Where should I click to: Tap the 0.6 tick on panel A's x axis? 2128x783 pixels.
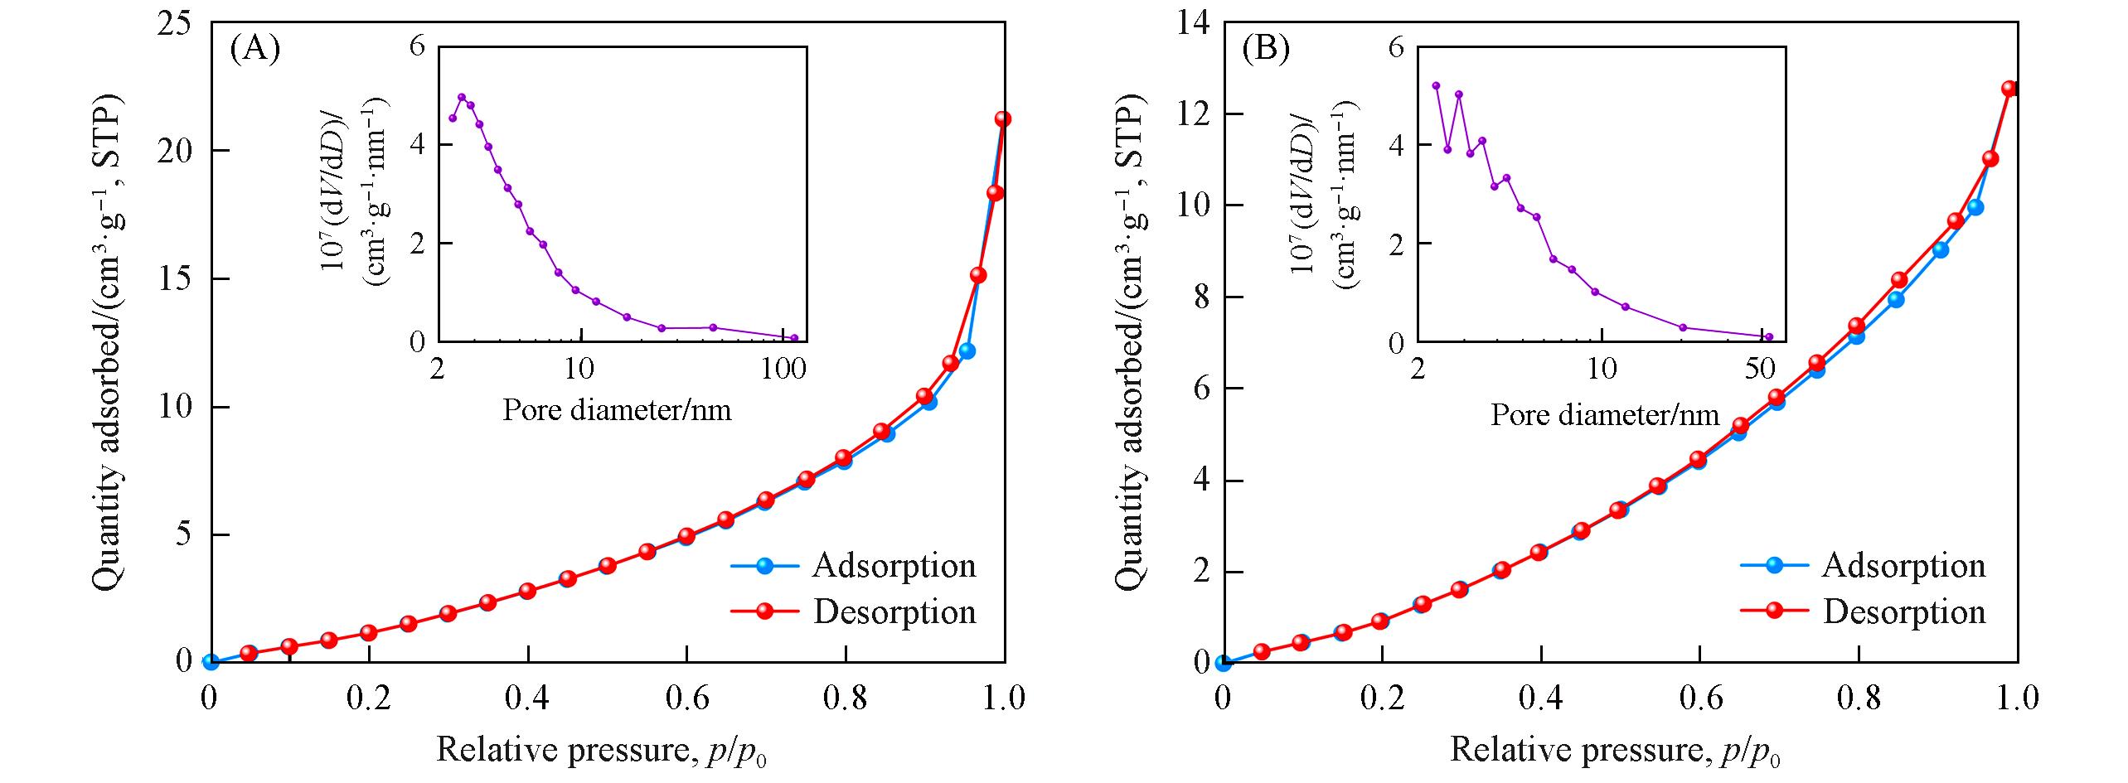[x=686, y=698]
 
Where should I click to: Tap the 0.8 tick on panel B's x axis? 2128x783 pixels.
[x=1859, y=698]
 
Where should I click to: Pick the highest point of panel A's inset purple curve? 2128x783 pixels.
[x=462, y=97]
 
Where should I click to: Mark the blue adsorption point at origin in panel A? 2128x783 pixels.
[x=211, y=662]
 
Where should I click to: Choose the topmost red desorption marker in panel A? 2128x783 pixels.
[x=1003, y=119]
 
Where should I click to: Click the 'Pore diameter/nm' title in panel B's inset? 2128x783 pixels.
[x=1605, y=413]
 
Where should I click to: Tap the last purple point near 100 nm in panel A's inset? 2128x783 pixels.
[x=793, y=338]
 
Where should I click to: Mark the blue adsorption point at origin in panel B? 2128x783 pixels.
[x=1223, y=662]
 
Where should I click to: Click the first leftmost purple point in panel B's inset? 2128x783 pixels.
[x=1436, y=85]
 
